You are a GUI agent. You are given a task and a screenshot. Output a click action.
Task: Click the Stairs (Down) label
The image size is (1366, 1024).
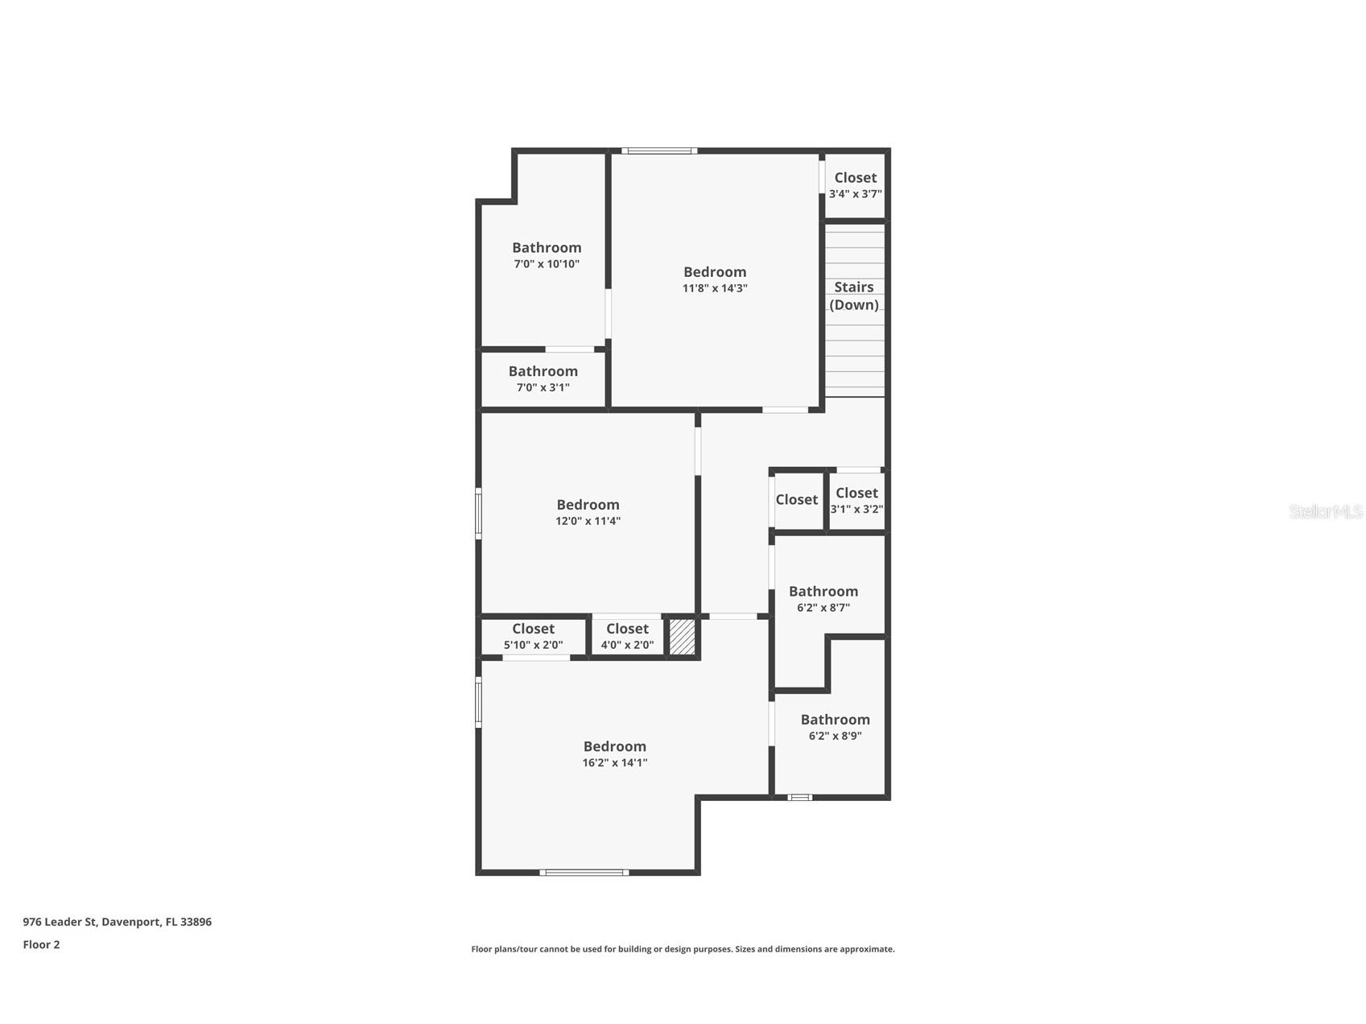pyautogui.click(x=853, y=295)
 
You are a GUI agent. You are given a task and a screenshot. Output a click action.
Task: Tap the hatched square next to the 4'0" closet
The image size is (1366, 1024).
pyautogui.click(x=682, y=637)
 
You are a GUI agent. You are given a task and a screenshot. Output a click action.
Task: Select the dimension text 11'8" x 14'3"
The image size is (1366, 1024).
pyautogui.click(x=715, y=288)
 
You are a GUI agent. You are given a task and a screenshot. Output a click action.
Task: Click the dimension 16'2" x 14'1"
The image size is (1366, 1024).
pyautogui.click(x=615, y=762)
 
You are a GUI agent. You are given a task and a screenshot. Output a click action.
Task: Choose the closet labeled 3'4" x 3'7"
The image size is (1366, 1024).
pyautogui.click(x=855, y=184)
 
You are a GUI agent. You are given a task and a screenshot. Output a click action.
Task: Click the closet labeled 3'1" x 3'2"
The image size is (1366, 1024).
pyautogui.click(x=856, y=500)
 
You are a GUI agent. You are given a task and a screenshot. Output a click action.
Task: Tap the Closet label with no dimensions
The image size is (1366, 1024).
pyautogui.click(x=796, y=500)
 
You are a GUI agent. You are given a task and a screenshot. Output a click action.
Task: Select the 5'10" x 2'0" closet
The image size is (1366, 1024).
pyautogui.click(x=533, y=636)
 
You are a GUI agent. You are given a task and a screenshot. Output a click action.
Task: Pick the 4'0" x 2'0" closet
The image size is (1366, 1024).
pyautogui.click(x=627, y=636)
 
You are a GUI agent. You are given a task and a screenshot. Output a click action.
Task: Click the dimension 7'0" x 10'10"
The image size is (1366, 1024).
pyautogui.click(x=547, y=264)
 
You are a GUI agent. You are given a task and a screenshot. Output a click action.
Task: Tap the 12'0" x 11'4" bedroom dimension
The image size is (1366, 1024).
pyautogui.click(x=588, y=521)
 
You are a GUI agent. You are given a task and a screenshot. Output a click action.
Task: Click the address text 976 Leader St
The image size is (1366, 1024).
pyautogui.click(x=117, y=922)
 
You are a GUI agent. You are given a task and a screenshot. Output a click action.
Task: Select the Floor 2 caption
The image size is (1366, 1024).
pyautogui.click(x=41, y=944)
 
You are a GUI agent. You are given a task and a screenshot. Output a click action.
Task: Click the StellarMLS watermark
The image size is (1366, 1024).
pyautogui.click(x=1325, y=511)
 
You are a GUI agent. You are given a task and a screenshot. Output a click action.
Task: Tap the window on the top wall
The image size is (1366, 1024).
pyautogui.click(x=659, y=151)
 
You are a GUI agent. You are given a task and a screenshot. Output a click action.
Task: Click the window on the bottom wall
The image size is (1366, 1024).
pyautogui.click(x=584, y=872)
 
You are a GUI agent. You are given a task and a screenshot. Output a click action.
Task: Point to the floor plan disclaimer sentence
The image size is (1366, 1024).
pyautogui.click(x=683, y=949)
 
